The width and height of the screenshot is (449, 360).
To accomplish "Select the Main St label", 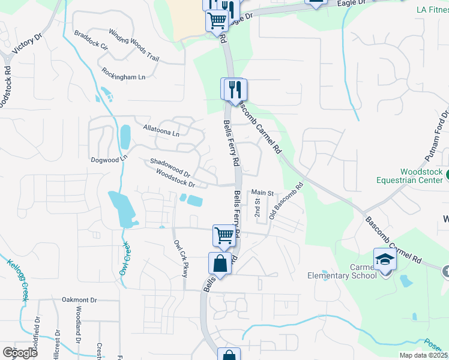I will coord(262,193).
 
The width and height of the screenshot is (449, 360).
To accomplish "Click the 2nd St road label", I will coord(257,209).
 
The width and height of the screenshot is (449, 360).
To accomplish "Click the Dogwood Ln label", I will coord(109,160).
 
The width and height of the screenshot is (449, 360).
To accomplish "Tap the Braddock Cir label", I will coord(91,38).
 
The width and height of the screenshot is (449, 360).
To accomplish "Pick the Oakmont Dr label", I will coord(79,299).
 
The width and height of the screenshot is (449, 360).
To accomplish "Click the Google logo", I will coord(20,352).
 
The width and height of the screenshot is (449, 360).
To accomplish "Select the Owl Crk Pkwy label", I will coord(181,259).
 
